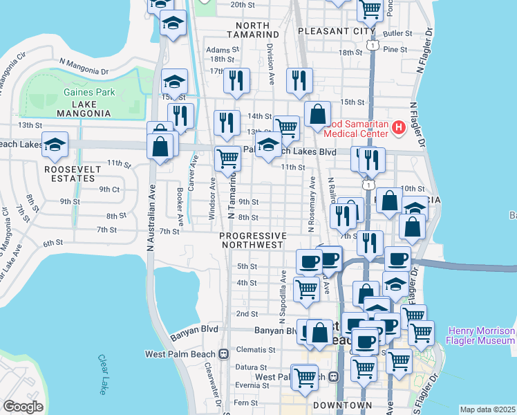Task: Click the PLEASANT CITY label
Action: click(x=336, y=31)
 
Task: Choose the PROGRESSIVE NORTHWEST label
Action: click(x=252, y=240)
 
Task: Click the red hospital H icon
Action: click(x=398, y=127)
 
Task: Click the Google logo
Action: click(x=23, y=407)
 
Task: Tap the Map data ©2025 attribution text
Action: click(x=487, y=409)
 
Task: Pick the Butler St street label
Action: click(x=397, y=33)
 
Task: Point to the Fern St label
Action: click(x=245, y=403)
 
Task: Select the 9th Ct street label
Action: click(x=109, y=189)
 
